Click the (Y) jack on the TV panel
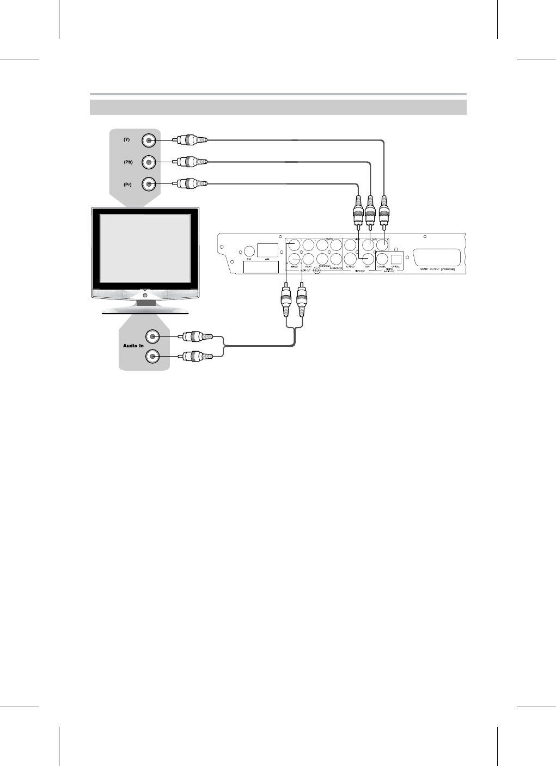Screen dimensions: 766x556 point(148,141)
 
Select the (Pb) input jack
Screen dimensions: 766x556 point(148,162)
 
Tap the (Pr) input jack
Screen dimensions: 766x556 point(148,184)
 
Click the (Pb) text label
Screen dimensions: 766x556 point(127,162)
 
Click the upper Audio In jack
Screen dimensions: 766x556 point(152,336)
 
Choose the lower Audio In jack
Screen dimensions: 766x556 point(152,357)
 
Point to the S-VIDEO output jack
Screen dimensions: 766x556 point(351,259)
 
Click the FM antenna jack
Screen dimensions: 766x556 point(249,251)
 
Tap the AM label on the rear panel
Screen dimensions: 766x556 point(267,260)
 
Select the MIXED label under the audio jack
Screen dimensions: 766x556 point(294,267)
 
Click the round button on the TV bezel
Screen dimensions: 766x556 point(145,295)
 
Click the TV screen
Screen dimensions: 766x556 point(145,248)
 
